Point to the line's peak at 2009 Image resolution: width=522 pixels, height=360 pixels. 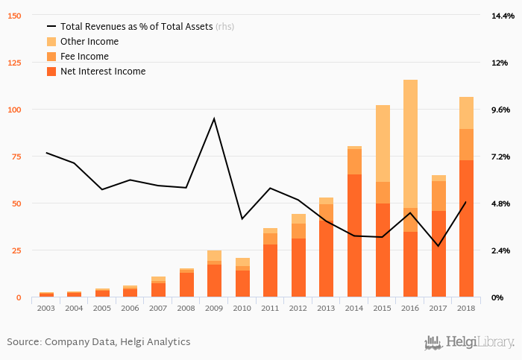coord(214,119)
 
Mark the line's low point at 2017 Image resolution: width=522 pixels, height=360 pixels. coord(438,246)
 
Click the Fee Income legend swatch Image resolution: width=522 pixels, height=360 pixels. coord(51,57)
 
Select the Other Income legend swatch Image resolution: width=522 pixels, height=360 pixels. coord(51,42)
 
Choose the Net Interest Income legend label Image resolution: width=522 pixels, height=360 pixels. coord(103,72)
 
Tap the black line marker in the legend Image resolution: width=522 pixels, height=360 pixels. coord(51,27)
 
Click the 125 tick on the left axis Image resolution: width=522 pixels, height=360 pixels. coord(15,63)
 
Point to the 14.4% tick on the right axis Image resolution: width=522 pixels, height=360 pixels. coord(500,16)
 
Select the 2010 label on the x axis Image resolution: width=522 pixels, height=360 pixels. coord(242,307)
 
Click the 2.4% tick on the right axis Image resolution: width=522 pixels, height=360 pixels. coord(500,250)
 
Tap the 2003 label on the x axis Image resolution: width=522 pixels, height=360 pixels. coord(46,307)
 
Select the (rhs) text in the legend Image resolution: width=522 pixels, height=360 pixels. coord(224,27)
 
